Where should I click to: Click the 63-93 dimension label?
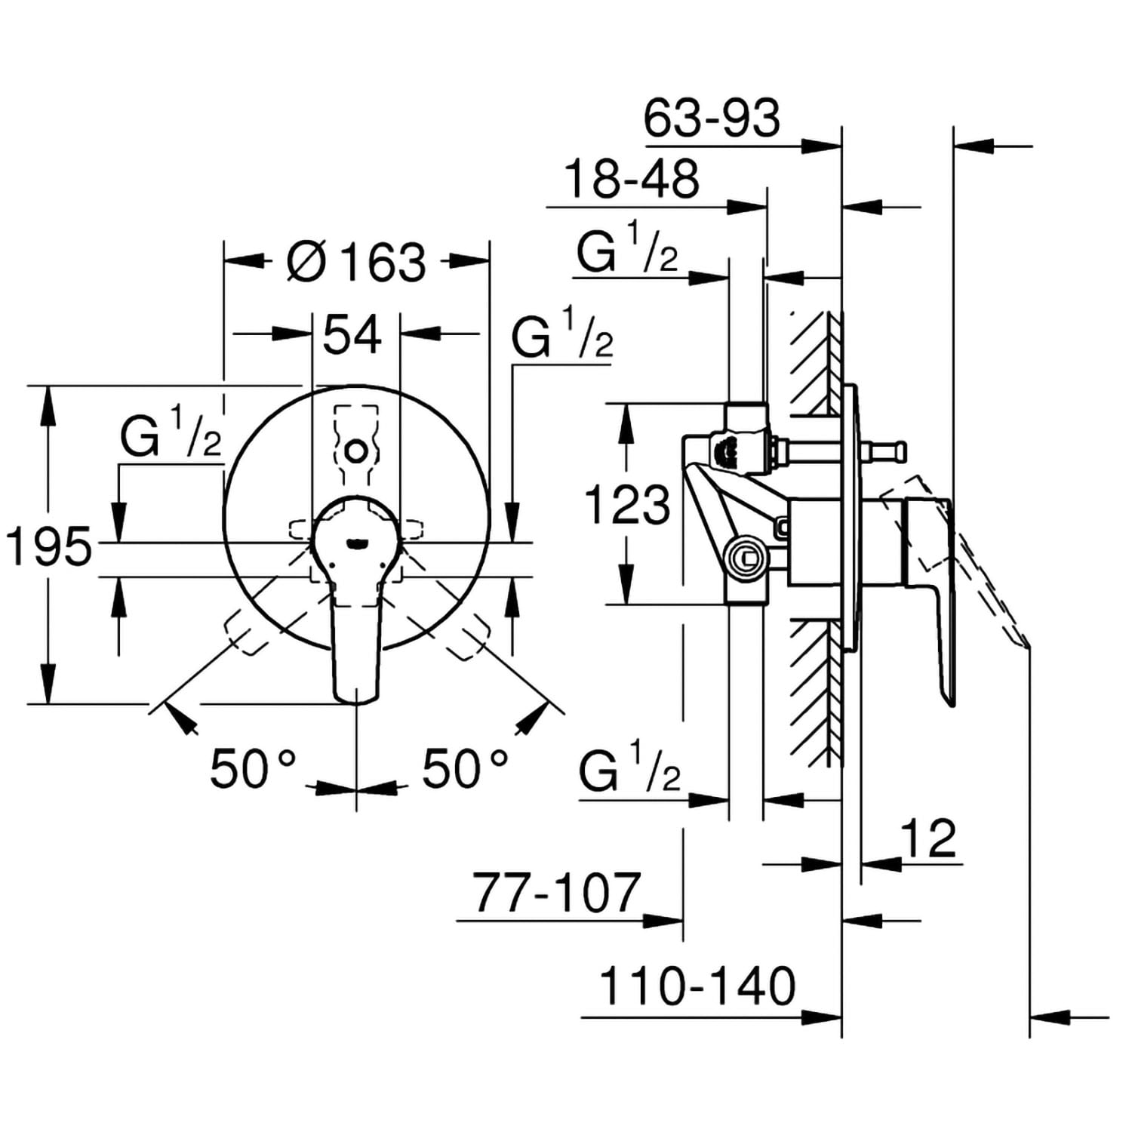coord(712,119)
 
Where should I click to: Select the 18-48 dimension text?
coord(632,180)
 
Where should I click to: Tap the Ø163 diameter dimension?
coord(358,261)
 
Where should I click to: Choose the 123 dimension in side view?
coord(628,505)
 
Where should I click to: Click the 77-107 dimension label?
coord(557,893)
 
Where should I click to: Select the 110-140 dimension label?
coord(697,986)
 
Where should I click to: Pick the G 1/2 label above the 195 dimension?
coord(171,433)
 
